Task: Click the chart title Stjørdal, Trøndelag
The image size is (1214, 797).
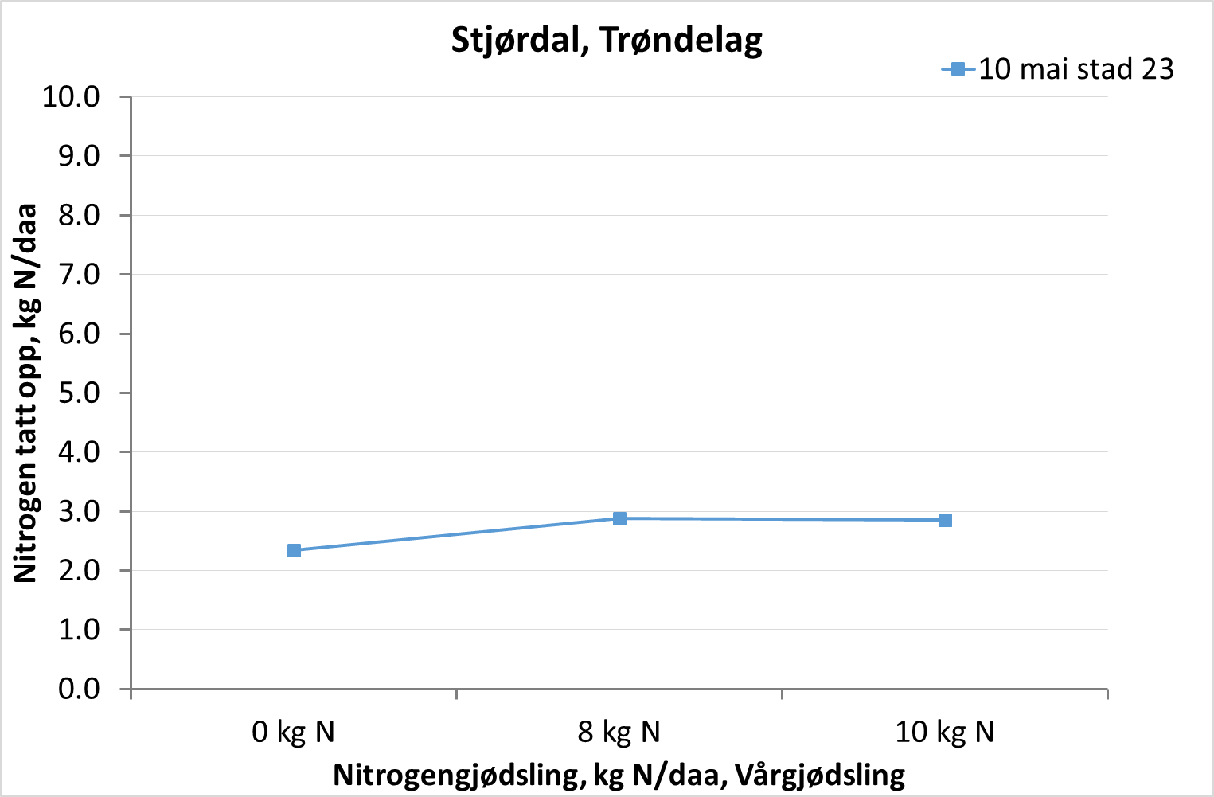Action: point(607,40)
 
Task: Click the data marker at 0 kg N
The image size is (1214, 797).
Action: point(294,550)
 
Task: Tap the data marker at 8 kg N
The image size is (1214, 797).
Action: point(619,518)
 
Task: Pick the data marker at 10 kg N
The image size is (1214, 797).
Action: point(945,520)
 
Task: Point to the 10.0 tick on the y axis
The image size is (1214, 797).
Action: point(71,97)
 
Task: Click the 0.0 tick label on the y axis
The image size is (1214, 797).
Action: point(79,689)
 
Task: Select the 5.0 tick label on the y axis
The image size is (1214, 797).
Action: point(79,393)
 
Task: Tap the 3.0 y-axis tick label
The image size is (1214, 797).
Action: point(79,511)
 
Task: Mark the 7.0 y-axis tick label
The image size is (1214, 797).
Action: point(79,275)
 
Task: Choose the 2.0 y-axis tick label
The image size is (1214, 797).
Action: point(79,571)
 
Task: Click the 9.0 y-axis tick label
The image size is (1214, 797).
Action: point(79,156)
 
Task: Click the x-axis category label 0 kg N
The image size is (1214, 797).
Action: point(293,732)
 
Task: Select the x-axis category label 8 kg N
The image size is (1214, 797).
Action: point(619,732)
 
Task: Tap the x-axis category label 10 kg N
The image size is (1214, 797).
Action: point(944,732)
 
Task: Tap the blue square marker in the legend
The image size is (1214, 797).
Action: point(958,69)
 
